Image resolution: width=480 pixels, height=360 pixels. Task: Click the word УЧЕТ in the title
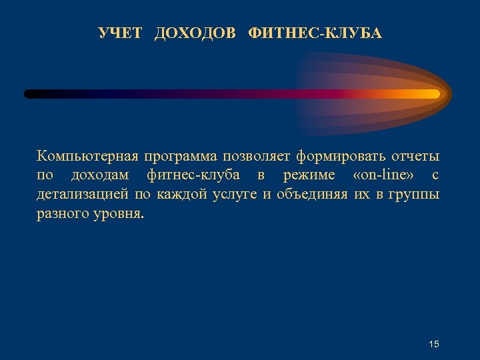click(x=120, y=33)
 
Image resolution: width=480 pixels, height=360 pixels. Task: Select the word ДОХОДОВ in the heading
click(x=195, y=33)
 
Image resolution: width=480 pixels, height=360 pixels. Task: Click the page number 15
click(x=434, y=344)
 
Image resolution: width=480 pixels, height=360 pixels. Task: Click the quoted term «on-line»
click(x=385, y=176)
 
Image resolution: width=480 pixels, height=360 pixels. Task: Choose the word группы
click(x=414, y=195)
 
